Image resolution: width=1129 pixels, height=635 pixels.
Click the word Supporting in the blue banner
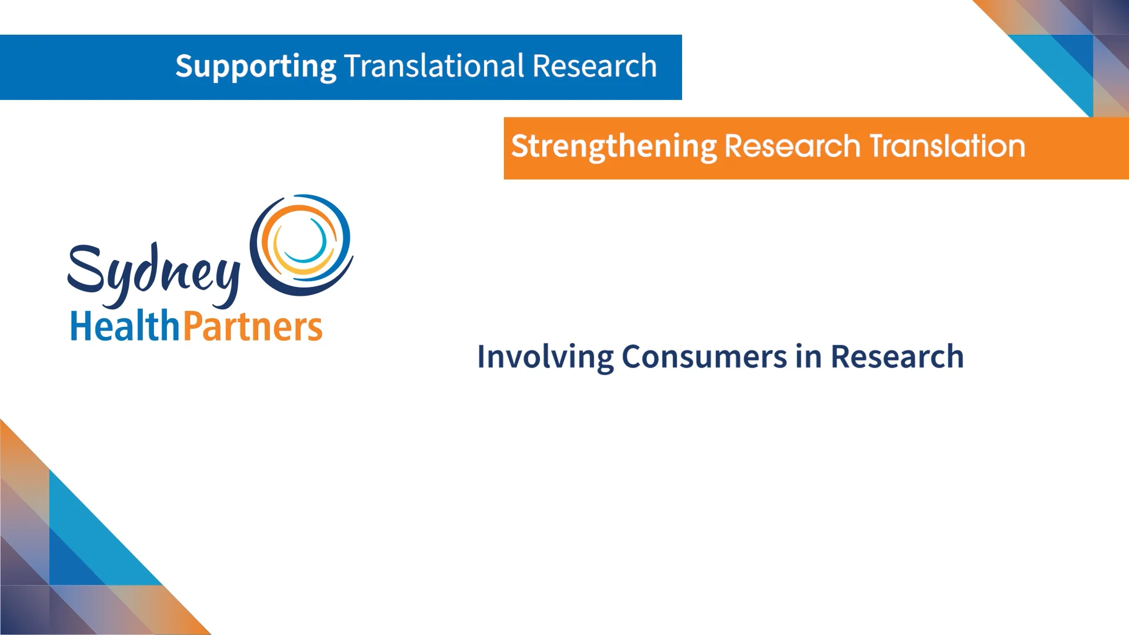click(255, 66)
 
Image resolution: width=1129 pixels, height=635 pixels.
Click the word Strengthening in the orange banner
click(614, 146)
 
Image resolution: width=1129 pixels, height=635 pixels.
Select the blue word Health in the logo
click(125, 326)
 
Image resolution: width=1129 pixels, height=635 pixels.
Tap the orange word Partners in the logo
click(253, 326)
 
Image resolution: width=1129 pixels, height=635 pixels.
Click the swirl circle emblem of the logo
click(302, 245)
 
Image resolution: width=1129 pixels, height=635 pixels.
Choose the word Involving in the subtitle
click(545, 357)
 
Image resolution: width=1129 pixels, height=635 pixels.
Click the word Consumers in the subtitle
click(704, 356)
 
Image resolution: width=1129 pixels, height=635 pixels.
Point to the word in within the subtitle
click(809, 356)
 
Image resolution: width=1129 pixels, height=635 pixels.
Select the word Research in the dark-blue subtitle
click(897, 356)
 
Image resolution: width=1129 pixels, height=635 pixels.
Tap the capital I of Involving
click(482, 356)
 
